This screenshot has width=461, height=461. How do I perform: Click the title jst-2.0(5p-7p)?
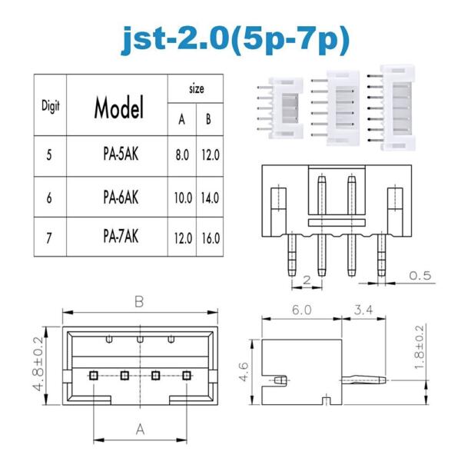pos(230,38)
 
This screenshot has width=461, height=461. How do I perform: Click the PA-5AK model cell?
pos(119,154)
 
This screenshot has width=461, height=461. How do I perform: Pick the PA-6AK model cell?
pos(119,197)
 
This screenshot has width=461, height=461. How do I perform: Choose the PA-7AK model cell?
pos(119,237)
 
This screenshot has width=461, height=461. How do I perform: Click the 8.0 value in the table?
pos(182,154)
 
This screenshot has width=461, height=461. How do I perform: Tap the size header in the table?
pos(196,89)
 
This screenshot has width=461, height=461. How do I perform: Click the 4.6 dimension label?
pos(244,372)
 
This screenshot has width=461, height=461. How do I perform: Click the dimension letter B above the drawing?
pos(139,302)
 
